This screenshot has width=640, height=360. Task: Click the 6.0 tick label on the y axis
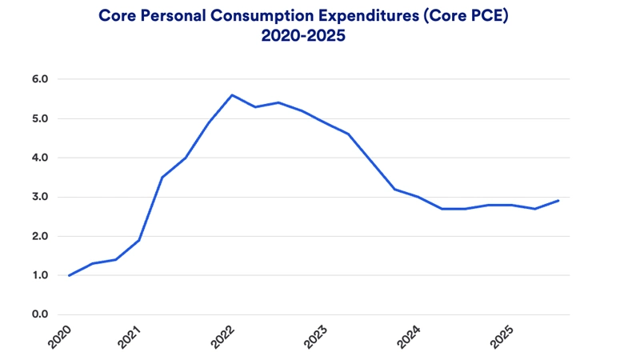click(40, 79)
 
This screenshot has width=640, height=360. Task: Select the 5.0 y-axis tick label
click(40, 118)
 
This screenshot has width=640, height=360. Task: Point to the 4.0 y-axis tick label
click(40, 158)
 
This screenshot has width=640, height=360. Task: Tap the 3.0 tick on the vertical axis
click(40, 197)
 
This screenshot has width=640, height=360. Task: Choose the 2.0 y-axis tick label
click(40, 236)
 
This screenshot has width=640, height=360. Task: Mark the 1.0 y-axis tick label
click(40, 275)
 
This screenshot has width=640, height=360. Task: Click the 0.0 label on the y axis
click(40, 314)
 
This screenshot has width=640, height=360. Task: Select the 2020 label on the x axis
click(58, 337)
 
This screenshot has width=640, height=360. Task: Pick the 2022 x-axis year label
click(222, 337)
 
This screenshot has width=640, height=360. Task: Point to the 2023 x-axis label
click(315, 337)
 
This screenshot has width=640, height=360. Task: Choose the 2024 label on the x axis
click(409, 337)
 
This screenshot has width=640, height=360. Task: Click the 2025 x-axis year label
click(502, 337)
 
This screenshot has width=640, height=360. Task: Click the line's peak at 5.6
click(232, 95)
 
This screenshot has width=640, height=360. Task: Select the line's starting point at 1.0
click(69, 275)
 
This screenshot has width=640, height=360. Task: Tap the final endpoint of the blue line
click(558, 201)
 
